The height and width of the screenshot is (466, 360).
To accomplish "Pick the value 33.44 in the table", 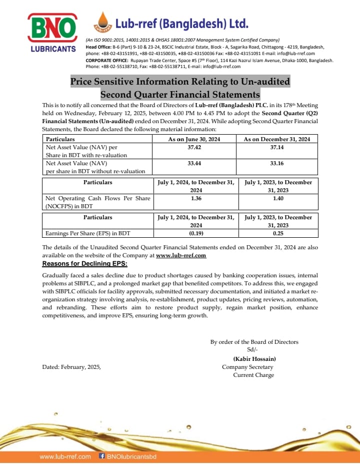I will coord(194,163).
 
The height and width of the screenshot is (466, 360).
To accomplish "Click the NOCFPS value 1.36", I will coord(196,199).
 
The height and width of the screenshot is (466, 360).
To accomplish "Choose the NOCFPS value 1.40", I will coord(278,199).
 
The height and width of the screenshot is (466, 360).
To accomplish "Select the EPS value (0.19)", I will coord(196,233).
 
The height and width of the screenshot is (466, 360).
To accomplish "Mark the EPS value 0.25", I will coord(278,233).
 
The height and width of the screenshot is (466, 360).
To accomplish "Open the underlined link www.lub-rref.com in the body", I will coord(181,255).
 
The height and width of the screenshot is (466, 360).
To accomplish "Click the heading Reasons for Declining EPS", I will coord(84,264).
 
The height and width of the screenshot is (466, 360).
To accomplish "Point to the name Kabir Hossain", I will coord(254,359).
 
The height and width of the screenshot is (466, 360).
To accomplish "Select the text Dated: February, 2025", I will coord(71,367).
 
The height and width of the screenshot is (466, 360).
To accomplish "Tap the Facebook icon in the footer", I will coord(102,456).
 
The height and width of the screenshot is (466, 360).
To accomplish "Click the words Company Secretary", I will coord(247,367).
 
